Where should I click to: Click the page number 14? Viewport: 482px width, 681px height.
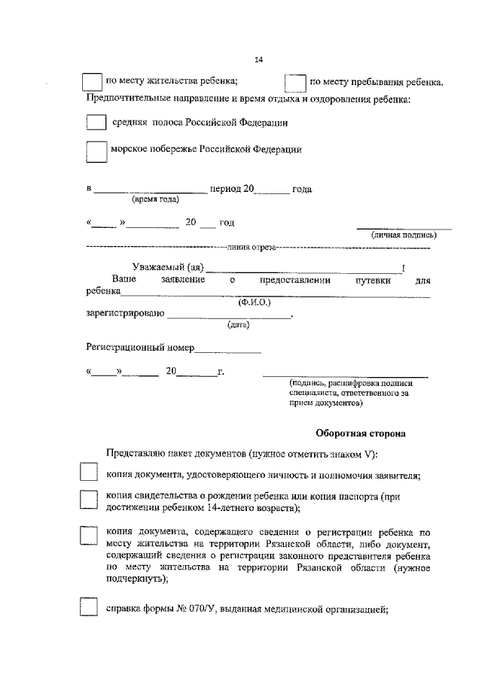click(x=259, y=60)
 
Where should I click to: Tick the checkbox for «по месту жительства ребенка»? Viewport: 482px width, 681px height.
click(x=91, y=82)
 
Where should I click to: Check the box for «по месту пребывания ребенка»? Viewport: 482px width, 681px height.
click(x=295, y=83)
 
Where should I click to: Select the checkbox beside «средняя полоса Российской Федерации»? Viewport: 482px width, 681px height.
click(x=96, y=122)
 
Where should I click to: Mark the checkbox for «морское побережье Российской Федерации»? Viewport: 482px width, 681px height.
click(x=96, y=151)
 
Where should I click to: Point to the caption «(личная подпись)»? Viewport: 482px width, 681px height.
click(x=404, y=236)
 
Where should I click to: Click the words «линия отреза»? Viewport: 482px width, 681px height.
click(x=251, y=248)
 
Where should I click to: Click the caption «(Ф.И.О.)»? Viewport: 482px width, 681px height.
click(x=255, y=302)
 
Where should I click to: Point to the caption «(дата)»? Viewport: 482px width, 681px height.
click(x=239, y=325)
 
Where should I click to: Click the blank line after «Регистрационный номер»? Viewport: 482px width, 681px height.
click(x=228, y=348)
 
